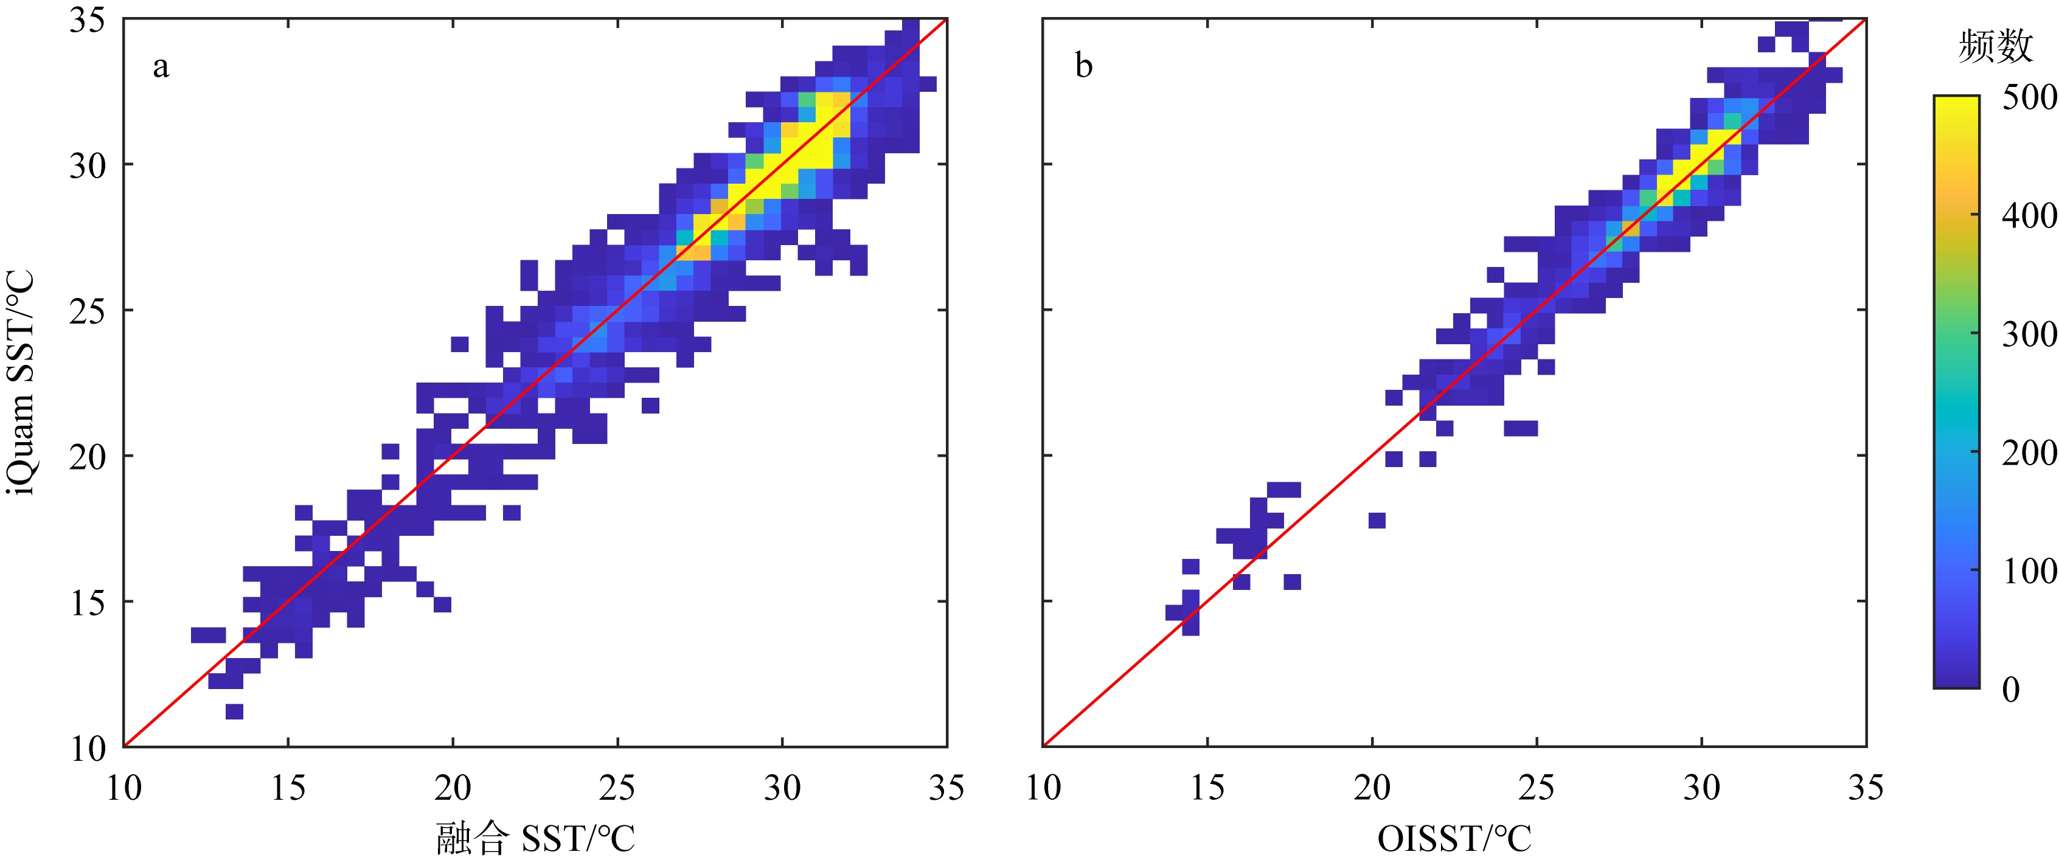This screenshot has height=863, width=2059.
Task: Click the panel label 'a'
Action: [161, 67]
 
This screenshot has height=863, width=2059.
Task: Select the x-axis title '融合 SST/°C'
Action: [535, 838]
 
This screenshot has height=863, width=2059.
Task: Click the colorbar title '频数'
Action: [1995, 46]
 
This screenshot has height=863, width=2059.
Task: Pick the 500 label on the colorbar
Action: [2029, 97]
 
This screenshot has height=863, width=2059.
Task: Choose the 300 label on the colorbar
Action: [2029, 334]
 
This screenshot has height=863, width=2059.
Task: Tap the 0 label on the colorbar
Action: [2011, 689]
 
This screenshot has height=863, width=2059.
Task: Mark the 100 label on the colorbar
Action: [2029, 570]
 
